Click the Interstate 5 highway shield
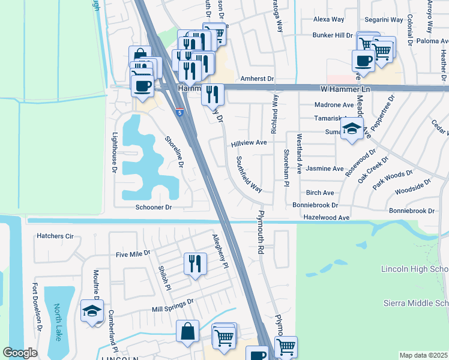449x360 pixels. pyautogui.click(x=180, y=112)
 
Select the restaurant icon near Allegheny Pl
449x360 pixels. pyautogui.click(x=194, y=264)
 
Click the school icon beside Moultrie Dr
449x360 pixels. pyautogui.click(x=92, y=311)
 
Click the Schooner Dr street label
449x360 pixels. pyautogui.click(x=153, y=208)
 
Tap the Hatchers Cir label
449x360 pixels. pyautogui.click(x=55, y=236)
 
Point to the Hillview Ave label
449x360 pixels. pyautogui.click(x=249, y=143)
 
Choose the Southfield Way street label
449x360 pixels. pyautogui.click(x=249, y=174)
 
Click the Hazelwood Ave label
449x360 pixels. pyautogui.click(x=326, y=217)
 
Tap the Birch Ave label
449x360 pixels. pyautogui.click(x=320, y=193)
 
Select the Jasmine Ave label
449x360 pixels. pyautogui.click(x=325, y=169)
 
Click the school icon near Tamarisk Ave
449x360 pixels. pyautogui.click(x=352, y=128)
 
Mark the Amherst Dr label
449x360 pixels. pyautogui.click(x=257, y=79)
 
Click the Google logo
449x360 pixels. pyautogui.click(x=20, y=353)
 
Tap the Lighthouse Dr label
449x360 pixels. pyautogui.click(x=114, y=154)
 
